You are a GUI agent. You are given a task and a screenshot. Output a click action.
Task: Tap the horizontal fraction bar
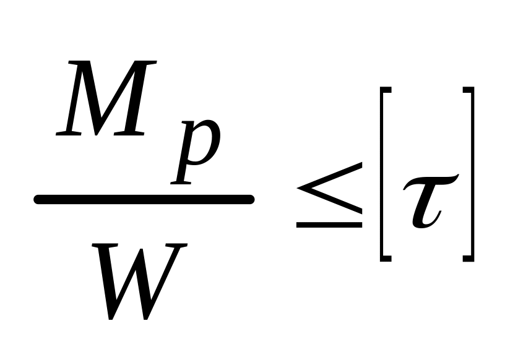pyautogui.click(x=144, y=199)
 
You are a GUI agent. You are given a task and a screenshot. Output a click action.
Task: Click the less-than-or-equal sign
pyautogui.click(x=329, y=195)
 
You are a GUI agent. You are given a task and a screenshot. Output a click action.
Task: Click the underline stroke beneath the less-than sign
pyautogui.click(x=329, y=225)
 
